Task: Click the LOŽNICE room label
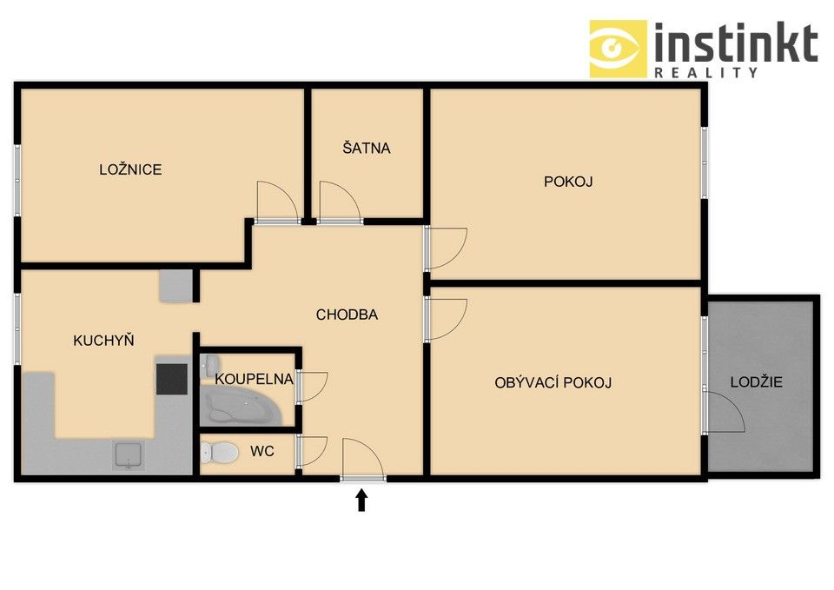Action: coord(130,169)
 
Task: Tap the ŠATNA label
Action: coord(366,148)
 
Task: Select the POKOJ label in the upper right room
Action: coord(568,182)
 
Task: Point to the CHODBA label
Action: coord(347,315)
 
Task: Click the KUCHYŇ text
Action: coord(103,340)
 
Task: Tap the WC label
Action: coord(262,452)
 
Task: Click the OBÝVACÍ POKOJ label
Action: coord(553,382)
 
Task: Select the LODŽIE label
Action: coord(756,381)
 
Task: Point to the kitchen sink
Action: coord(129,454)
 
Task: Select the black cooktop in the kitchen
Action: coord(171,380)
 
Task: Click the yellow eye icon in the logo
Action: coord(618,49)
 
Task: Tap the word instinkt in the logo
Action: coord(735,43)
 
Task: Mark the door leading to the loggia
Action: coord(725,412)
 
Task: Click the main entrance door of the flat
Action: coord(362,461)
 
